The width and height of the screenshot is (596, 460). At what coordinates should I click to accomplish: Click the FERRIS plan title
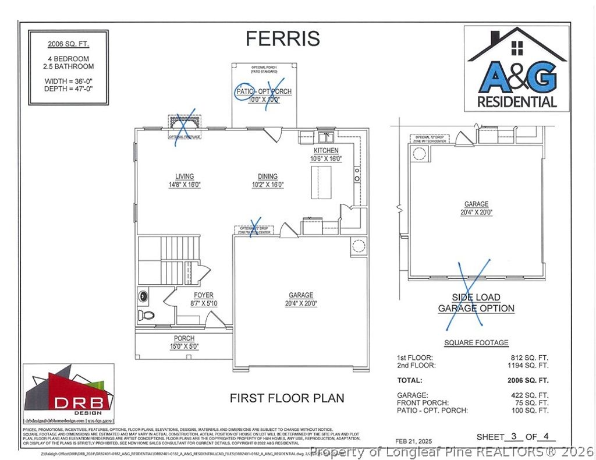pos(282,38)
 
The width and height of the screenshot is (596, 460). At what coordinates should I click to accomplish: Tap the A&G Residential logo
pos(517,69)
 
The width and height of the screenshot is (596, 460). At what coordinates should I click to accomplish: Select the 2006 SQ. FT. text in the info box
pos(68,44)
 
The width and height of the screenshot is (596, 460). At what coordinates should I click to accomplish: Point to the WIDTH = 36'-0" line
pos(68,81)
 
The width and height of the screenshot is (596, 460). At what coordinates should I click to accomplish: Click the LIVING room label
pos(185,176)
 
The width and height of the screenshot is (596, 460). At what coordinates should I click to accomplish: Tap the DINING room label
pos(268,176)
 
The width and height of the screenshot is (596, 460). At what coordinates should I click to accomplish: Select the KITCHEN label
pos(326,151)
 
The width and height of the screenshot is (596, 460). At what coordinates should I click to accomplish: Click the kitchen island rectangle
pos(321,182)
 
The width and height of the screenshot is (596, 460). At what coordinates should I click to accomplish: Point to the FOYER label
pos(203,295)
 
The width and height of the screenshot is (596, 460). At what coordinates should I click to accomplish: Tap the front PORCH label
pos(184,338)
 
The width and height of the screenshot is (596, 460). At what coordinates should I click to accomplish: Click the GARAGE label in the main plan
pos(301,295)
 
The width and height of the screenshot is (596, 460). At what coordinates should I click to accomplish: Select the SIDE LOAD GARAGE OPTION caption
pos(476,303)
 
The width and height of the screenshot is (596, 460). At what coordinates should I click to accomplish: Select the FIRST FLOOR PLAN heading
pos(287,398)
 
